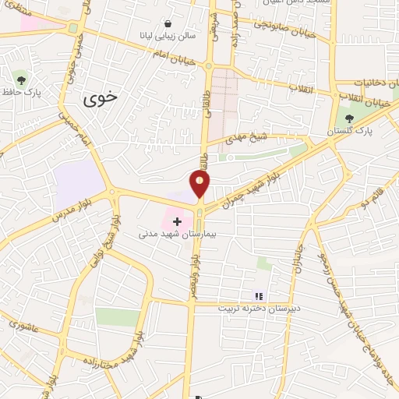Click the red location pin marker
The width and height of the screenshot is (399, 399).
pyautogui.click(x=200, y=185)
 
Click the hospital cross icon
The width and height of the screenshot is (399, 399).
pyautogui.click(x=177, y=222)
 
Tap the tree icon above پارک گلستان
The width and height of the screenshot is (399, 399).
pyautogui.click(x=351, y=119)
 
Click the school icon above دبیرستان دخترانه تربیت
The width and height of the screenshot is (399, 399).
pyautogui.click(x=259, y=296)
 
